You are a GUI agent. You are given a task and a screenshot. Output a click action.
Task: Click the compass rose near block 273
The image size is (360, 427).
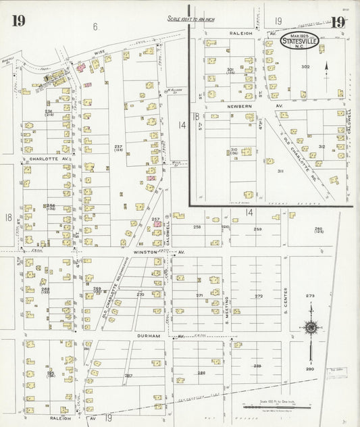[x=311, y=328]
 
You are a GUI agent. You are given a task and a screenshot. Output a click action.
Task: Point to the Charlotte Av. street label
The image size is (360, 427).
[x=41, y=159]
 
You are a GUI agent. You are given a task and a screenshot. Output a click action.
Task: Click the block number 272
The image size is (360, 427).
[x=258, y=296]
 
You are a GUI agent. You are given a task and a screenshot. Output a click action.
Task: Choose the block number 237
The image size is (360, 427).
[x=118, y=147]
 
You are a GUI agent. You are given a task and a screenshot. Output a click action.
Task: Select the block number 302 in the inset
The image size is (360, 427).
[x=305, y=67]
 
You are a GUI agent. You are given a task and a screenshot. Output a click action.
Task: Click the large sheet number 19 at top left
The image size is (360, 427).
[x=18, y=20]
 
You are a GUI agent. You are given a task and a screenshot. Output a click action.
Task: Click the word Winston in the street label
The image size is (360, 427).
[x=145, y=252]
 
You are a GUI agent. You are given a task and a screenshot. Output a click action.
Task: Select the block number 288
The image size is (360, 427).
[x=201, y=373]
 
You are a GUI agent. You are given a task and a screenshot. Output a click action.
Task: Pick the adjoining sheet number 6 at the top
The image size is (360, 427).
[x=95, y=26]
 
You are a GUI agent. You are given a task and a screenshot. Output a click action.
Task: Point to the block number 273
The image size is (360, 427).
[x=310, y=296]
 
